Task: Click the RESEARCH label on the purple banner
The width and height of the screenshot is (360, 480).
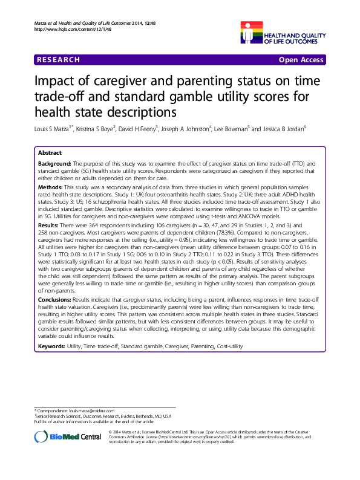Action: click(58, 60)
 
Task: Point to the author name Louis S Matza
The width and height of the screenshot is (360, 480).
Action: click(53, 129)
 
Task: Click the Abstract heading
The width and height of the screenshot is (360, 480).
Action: click(50, 154)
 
